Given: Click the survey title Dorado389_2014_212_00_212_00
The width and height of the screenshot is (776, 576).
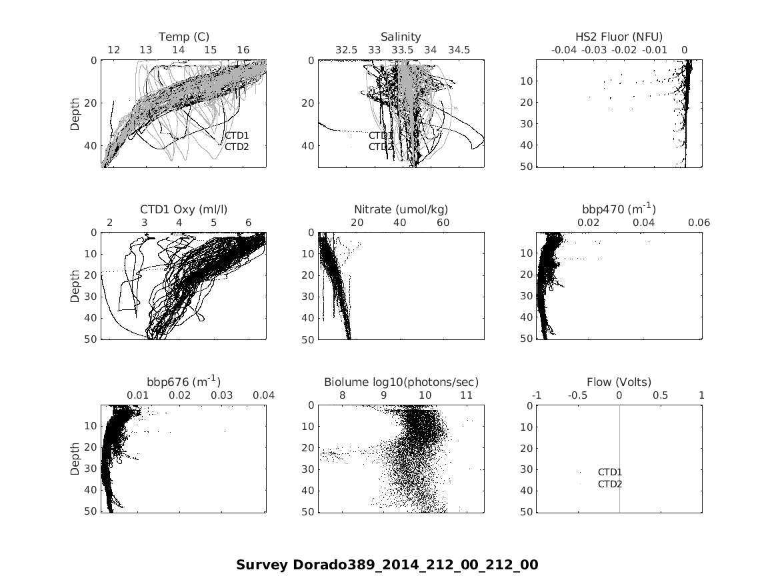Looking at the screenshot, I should tap(387, 565).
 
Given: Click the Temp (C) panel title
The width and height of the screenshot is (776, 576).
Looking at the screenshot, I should tap(183, 37).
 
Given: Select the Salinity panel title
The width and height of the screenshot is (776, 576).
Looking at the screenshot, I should tap(401, 37).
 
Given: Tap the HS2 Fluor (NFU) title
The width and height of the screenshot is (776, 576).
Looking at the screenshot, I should tap(619, 37).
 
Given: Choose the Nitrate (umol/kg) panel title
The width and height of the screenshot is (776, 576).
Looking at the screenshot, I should tap(401, 209).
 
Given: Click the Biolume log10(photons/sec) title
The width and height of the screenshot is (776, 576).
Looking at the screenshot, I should tap(401, 382).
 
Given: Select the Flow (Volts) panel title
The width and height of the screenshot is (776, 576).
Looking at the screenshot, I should tap(619, 382).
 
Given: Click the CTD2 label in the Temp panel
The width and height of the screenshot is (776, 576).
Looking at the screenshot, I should tap(236, 147).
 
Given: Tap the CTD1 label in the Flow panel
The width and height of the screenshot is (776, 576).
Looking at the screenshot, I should tap(610, 473).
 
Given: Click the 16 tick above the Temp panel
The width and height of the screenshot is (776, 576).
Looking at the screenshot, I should tap(243, 50).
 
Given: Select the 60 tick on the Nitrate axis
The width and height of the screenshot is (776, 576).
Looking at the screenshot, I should tap(443, 223).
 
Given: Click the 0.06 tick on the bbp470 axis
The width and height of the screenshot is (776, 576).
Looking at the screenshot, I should tap(699, 223).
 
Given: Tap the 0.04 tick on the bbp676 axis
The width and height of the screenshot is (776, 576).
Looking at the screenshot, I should tap(263, 395).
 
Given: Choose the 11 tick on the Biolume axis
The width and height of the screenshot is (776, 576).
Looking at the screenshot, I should tap(467, 395).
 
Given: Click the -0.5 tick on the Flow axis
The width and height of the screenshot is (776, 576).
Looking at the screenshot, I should tap(577, 395).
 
